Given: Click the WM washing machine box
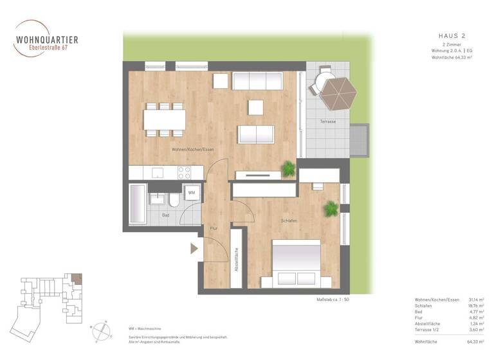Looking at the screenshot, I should coord(192,192).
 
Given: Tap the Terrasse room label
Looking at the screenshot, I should coord(328,122).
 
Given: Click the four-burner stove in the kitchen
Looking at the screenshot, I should coord(185,172).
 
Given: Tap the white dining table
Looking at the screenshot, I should coord(165,120).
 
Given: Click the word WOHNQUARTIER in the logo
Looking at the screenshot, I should coord(47,40).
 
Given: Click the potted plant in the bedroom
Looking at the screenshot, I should coord(331,208).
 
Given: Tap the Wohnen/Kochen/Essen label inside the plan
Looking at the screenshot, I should coord(192,149).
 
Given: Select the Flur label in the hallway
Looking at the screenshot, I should coord(214,228).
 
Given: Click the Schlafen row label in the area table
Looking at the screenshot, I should coord(425,306).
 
